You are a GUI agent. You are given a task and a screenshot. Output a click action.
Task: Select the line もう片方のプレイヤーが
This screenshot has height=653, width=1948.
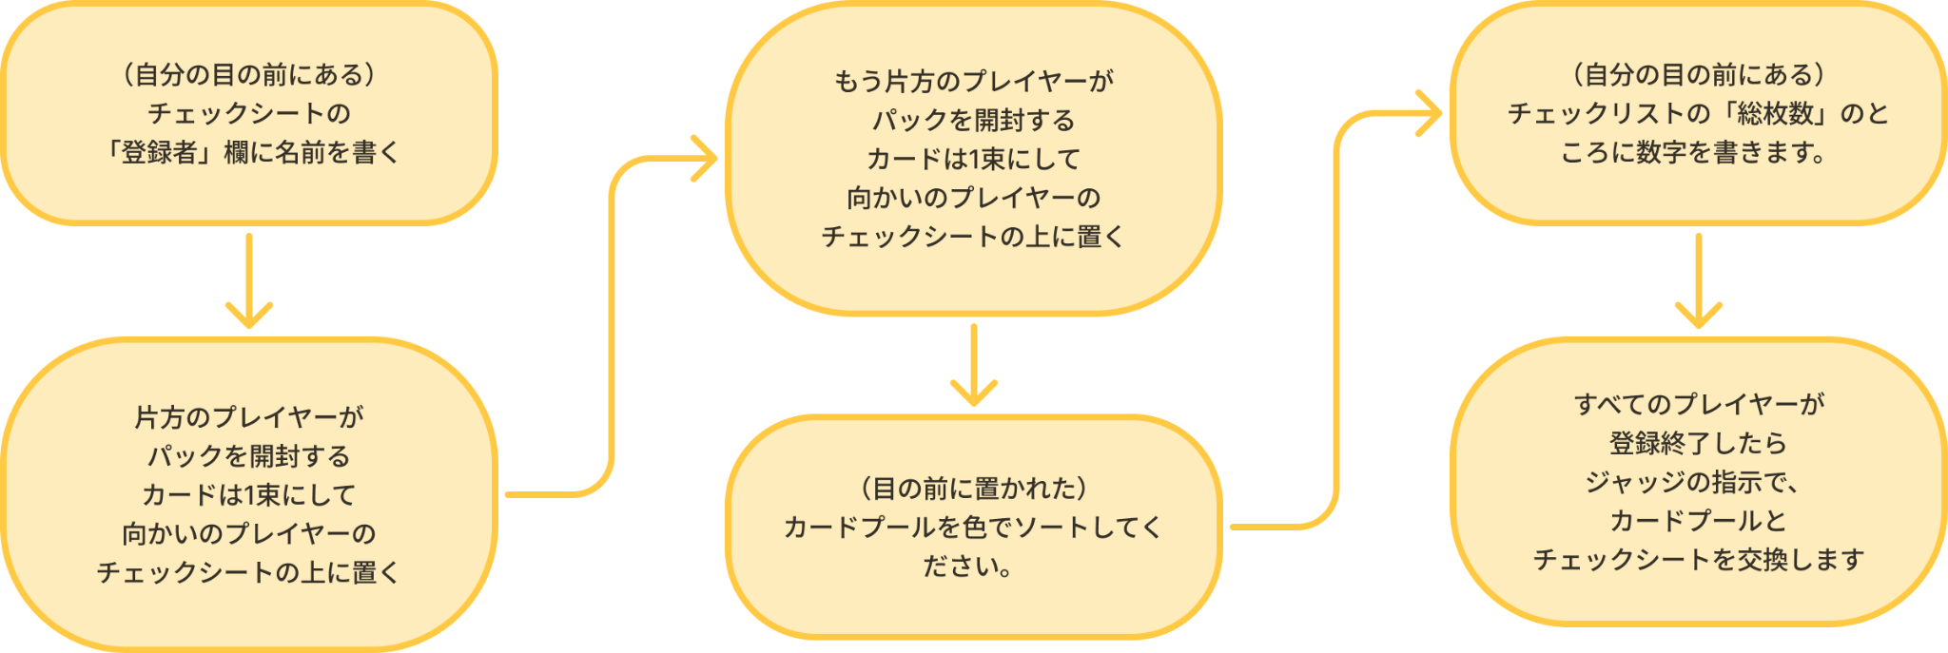point(973,82)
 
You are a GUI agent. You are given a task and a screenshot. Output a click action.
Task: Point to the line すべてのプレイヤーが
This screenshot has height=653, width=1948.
point(1699,404)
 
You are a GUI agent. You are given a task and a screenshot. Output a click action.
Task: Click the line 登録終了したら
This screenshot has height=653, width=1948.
point(1699,443)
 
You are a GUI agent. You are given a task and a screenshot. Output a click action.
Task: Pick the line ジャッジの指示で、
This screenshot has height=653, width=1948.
point(1693,482)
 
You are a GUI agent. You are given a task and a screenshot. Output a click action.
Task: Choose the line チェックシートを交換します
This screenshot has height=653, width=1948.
point(1699,560)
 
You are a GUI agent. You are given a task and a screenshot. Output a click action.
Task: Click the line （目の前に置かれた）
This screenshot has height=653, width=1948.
point(973,489)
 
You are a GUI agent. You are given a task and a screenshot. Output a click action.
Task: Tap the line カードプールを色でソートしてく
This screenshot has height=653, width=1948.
point(973,528)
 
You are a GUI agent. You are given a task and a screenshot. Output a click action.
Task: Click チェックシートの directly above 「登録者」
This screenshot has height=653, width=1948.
point(249,114)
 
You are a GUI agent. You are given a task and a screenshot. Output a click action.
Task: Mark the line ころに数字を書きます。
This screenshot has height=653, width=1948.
point(1693,152)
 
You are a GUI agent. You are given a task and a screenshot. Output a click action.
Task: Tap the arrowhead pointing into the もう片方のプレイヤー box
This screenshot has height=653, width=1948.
point(706,159)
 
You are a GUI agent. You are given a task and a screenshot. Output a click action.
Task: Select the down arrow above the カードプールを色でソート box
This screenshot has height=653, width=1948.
point(973,366)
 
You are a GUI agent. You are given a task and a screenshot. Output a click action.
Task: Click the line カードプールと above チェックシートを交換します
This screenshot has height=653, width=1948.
point(1699,521)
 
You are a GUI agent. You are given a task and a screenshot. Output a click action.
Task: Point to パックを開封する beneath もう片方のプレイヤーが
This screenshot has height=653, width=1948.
point(973,121)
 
